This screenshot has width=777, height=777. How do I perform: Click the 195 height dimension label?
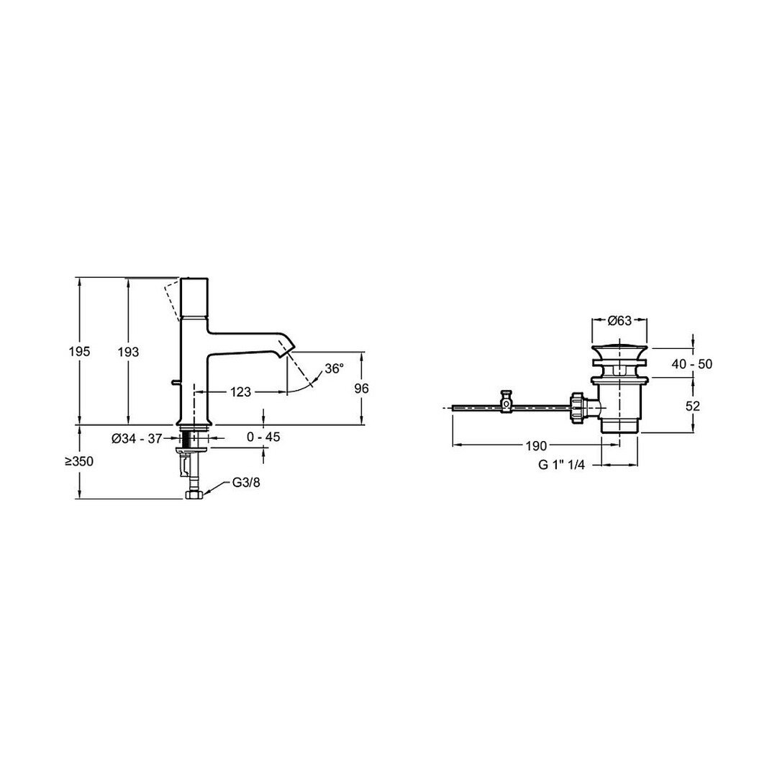tap(79, 351)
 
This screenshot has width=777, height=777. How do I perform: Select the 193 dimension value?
tap(128, 352)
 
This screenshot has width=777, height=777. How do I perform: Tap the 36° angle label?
tap(334, 368)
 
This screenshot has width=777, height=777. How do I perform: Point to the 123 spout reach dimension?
tap(241, 392)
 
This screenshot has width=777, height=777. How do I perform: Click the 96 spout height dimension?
tap(362, 388)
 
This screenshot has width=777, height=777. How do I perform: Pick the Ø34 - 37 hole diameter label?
tap(137, 438)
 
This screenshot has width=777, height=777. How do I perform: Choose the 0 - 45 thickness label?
tap(263, 437)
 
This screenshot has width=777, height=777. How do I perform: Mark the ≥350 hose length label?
tap(79, 461)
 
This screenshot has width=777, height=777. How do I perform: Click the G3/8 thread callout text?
tap(246, 483)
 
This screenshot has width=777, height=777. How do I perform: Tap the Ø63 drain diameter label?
tap(619, 321)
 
